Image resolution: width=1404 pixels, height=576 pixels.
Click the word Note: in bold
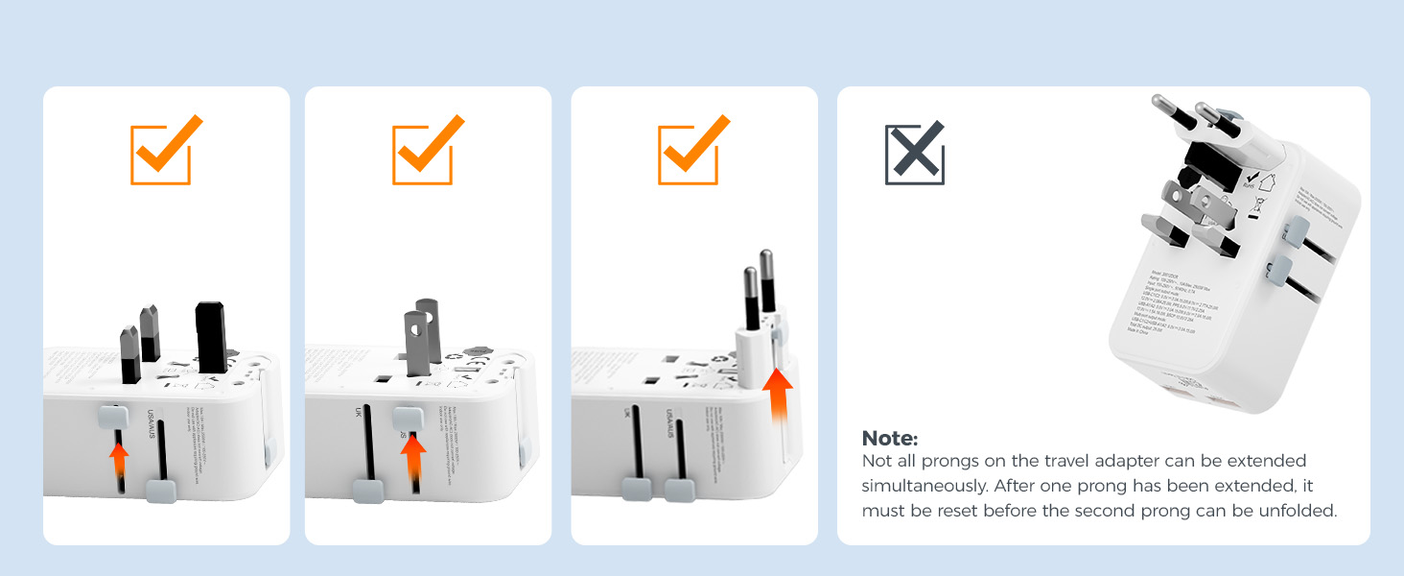[x=890, y=439]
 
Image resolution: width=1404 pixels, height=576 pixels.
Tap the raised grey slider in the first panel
[x=112, y=417]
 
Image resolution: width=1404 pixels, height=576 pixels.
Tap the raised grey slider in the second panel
[x=409, y=419]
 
